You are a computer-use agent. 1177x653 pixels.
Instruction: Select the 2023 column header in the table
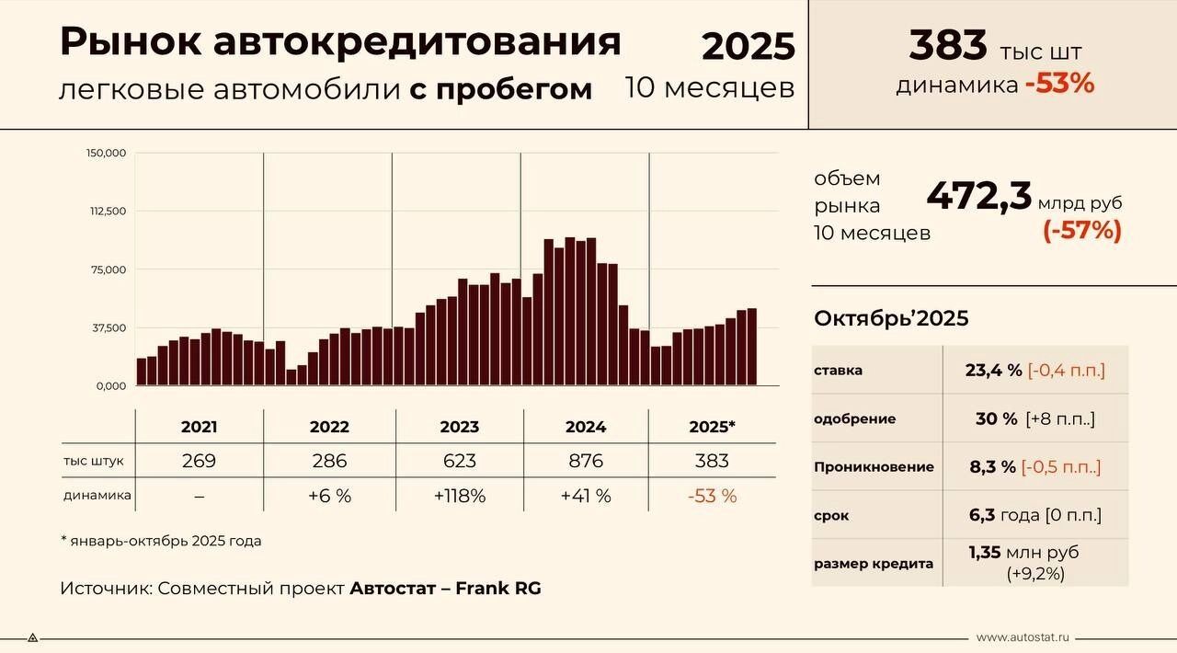click(x=459, y=427)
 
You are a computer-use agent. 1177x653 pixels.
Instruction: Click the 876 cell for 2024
click(x=586, y=461)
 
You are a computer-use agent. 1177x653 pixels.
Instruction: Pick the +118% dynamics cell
click(x=459, y=496)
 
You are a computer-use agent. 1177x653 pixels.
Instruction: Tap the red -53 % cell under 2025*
click(x=713, y=496)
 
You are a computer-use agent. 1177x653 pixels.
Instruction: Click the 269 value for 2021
click(x=200, y=461)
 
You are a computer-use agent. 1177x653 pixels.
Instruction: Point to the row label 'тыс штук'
click(x=94, y=461)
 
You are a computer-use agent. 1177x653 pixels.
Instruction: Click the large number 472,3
click(x=978, y=197)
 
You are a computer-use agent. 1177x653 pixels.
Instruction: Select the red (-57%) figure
click(x=1081, y=230)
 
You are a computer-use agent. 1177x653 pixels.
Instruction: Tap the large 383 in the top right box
click(x=947, y=45)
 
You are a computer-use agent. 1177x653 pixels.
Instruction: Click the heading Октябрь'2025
click(x=891, y=318)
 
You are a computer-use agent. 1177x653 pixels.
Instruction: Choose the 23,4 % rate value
click(x=994, y=371)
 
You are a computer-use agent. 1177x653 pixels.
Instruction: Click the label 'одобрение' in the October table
click(x=854, y=418)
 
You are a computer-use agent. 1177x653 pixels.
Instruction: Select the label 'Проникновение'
click(x=874, y=467)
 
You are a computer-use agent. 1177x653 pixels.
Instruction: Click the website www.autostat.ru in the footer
click(x=1023, y=636)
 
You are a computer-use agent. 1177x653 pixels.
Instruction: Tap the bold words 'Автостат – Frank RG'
click(x=445, y=588)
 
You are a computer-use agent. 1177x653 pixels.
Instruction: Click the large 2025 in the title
click(x=748, y=46)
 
